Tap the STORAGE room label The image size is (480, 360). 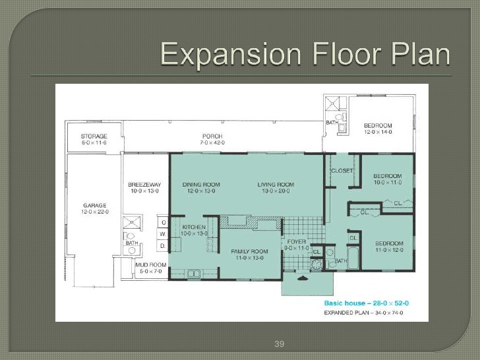click(x=95, y=136)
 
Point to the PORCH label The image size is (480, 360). click(x=212, y=136)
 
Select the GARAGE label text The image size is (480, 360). click(x=95, y=206)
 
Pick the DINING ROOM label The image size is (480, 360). click(x=200, y=185)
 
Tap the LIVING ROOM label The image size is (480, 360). click(x=276, y=185)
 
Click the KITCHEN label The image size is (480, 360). click(x=195, y=227)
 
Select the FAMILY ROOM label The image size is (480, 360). click(x=249, y=251)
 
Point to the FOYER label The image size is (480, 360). click(x=297, y=242)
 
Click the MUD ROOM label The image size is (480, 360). click(x=150, y=265)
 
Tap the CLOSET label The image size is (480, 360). click(x=342, y=171)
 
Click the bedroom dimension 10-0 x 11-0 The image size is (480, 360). click(x=387, y=181)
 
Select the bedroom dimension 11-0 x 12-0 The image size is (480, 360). click(x=389, y=250)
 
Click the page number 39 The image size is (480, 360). click(x=278, y=344)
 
